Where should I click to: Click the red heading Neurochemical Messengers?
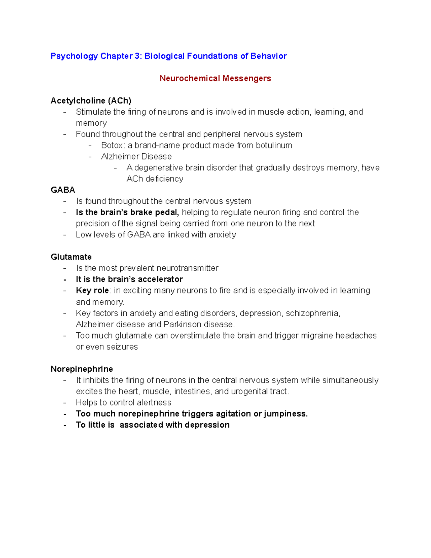point(215,78)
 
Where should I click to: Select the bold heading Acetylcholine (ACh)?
point(91,101)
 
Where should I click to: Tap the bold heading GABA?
point(63,190)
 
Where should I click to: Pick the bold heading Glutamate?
point(71,257)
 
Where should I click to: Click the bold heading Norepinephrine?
point(82,369)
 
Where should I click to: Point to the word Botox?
point(112,145)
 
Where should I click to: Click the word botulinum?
point(274,145)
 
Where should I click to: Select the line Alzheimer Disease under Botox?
point(136,156)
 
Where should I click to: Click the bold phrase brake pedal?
point(154,212)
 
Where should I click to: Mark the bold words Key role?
point(92,290)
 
